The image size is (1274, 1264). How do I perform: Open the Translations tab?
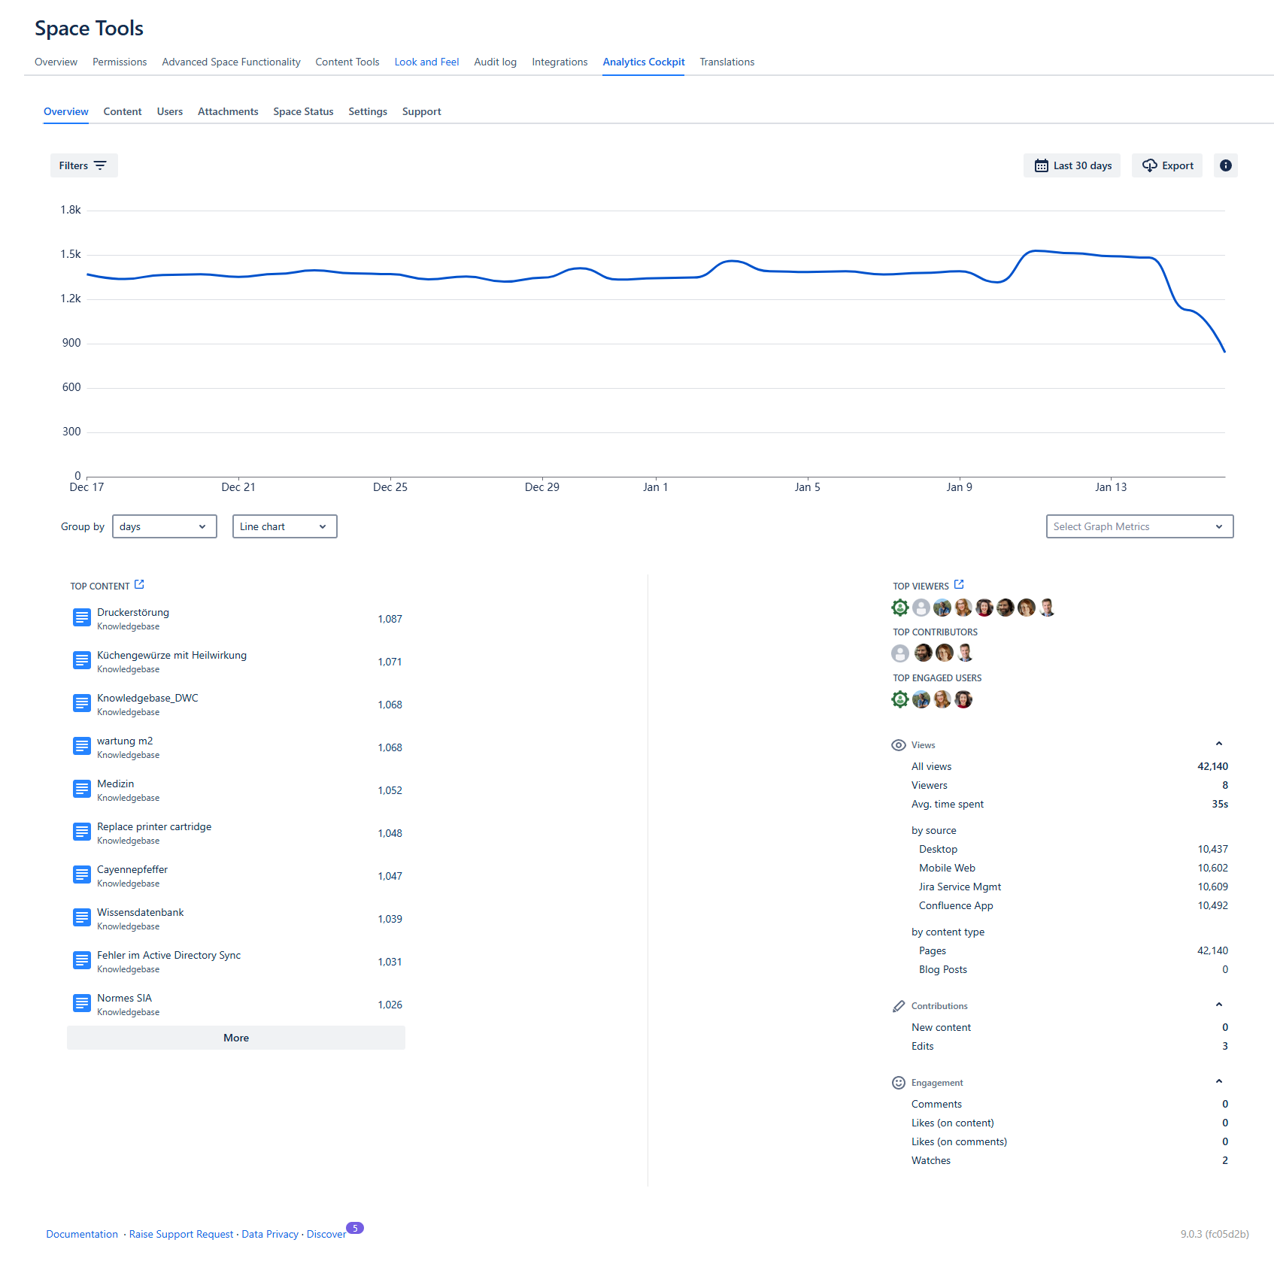pos(726,62)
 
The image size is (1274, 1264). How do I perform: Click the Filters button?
pos(83,165)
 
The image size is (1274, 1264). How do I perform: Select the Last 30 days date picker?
pos(1072,165)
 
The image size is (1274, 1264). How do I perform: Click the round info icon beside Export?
pos(1225,165)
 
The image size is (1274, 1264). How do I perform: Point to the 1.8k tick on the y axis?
pos(71,210)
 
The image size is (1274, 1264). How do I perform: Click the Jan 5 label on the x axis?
pos(807,487)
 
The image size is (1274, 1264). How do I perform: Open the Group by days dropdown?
pos(164,526)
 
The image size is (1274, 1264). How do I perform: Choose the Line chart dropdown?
pos(284,526)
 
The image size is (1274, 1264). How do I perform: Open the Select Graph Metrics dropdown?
pos(1139,526)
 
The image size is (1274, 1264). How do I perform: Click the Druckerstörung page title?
pos(133,612)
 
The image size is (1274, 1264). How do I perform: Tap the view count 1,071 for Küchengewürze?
pos(390,662)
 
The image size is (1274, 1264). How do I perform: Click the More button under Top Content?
pos(235,1038)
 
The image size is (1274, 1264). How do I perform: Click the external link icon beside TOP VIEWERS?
pos(959,584)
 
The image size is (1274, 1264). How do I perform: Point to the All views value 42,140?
pos(1212,766)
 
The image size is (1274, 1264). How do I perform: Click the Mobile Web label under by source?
pos(947,868)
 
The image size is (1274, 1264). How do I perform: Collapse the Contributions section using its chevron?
pos(1219,1005)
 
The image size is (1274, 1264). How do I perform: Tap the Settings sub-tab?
pos(368,111)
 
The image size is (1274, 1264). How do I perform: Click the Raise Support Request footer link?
pos(181,1234)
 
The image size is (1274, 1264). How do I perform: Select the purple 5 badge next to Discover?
pos(355,1228)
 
